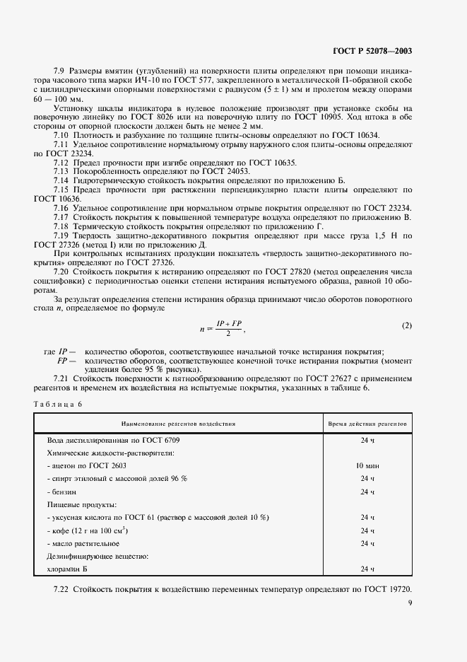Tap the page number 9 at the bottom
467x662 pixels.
click(410, 603)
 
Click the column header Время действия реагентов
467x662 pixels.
click(367, 423)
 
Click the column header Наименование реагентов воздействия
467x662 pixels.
click(179, 423)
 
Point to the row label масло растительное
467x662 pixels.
click(84, 543)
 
